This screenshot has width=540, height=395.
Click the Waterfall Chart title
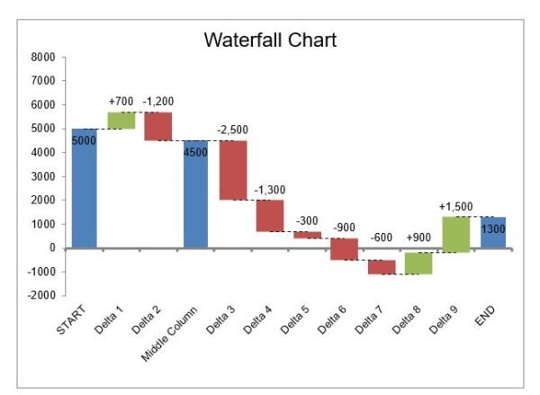tap(270, 40)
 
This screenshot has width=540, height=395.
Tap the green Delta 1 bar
tap(121, 120)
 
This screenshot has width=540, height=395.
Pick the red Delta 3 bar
tap(233, 170)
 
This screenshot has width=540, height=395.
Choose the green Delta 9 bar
tap(455, 234)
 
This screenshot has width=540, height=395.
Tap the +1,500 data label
tap(455, 207)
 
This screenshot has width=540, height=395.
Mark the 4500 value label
tap(195, 152)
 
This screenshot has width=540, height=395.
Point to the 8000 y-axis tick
tap(43, 57)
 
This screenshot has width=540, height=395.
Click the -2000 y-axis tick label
tap(41, 295)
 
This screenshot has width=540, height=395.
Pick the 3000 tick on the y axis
tap(44, 176)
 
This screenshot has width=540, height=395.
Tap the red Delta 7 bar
tap(382, 266)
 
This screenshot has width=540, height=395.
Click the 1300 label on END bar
tap(492, 229)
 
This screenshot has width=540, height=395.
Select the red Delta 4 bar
tap(270, 215)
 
